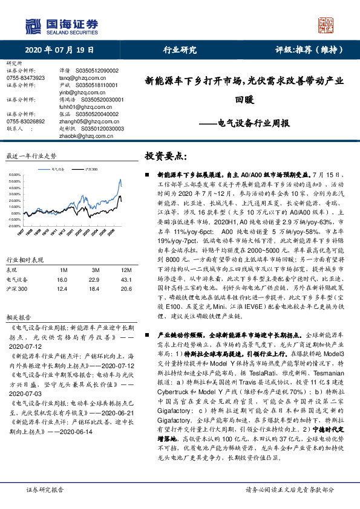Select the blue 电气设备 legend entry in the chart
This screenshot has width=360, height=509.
[58, 172]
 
